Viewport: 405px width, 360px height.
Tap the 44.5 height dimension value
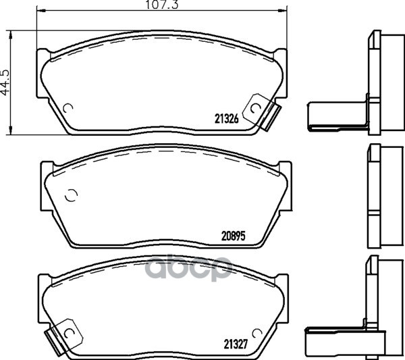pos(6,80)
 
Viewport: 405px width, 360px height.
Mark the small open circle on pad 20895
pos(70,197)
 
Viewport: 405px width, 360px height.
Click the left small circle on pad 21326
pos(67,109)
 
